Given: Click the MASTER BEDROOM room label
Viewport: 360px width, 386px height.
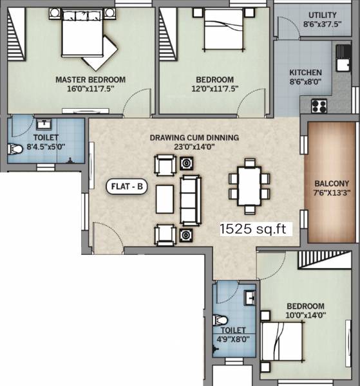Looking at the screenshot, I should pyautogui.click(x=90, y=80).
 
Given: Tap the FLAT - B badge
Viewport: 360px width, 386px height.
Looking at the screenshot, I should pyautogui.click(x=128, y=188).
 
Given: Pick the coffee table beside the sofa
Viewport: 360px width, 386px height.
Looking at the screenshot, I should pyautogui.click(x=165, y=199).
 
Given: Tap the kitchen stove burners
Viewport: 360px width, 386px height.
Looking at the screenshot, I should pyautogui.click(x=319, y=105).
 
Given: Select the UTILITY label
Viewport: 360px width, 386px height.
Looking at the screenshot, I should pyautogui.click(x=321, y=15).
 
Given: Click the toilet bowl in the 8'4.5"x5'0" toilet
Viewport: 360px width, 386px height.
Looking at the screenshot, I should pyautogui.click(x=15, y=150).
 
